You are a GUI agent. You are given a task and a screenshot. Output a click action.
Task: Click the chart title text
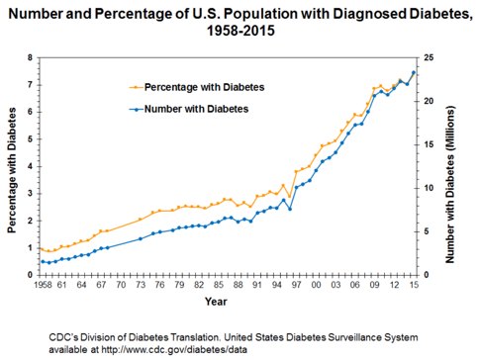click(x=239, y=23)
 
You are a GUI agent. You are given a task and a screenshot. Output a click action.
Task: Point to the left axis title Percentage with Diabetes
click(x=11, y=164)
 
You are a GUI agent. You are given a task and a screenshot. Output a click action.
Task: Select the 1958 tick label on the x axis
click(x=42, y=285)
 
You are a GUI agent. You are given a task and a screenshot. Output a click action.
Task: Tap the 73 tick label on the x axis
click(x=141, y=285)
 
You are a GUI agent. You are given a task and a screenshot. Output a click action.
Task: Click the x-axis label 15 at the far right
click(x=413, y=285)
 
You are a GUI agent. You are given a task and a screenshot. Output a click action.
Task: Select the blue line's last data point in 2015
click(x=413, y=73)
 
